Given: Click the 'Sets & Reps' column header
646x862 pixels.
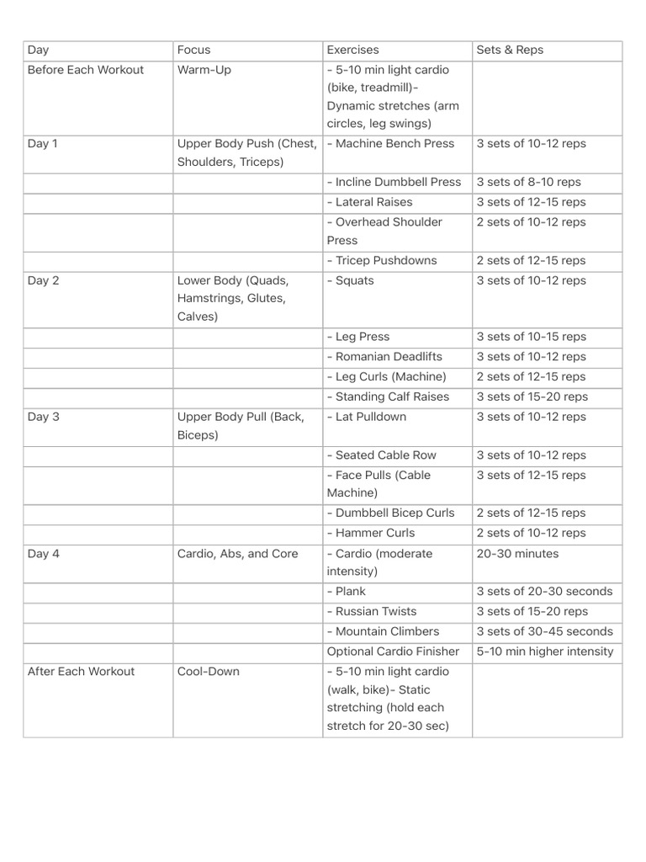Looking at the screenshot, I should (x=510, y=51).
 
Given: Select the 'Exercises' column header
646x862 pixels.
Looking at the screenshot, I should (x=353, y=51).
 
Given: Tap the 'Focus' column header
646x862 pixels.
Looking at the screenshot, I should (x=194, y=51).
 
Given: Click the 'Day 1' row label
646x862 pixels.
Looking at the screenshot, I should (x=43, y=144).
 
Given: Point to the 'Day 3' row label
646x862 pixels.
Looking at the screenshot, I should (x=43, y=417).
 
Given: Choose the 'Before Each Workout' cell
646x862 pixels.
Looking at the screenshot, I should (x=86, y=70).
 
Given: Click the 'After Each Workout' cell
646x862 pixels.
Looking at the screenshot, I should (x=81, y=672).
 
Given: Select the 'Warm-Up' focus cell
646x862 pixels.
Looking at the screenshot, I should (x=204, y=70).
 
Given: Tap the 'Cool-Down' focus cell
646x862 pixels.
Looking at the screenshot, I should (x=209, y=672).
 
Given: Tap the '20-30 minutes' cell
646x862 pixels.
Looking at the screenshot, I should (x=517, y=554).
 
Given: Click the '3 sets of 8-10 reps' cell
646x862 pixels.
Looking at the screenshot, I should (x=528, y=183).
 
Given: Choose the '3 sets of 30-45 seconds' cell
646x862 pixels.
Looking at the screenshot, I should (x=544, y=632).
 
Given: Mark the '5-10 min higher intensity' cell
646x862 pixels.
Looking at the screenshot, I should (x=545, y=652).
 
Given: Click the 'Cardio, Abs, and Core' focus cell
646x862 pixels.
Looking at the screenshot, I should (x=238, y=554).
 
